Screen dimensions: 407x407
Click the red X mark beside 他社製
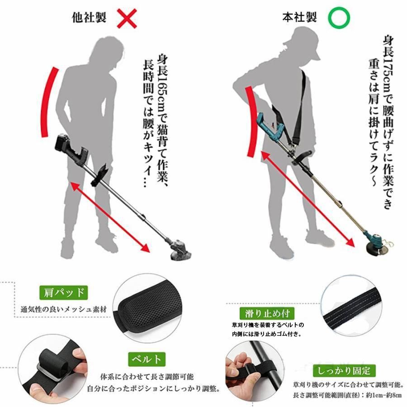[127, 18]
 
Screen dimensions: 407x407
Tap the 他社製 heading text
[89, 18]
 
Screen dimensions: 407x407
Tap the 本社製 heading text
[299, 17]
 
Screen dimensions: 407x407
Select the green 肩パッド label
[64, 293]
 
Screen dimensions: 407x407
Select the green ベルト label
[147, 359]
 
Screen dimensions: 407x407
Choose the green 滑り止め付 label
[267, 313]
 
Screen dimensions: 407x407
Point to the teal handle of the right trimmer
[270, 125]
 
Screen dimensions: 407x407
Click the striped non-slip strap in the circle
[352, 307]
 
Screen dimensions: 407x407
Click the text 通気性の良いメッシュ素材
[64, 309]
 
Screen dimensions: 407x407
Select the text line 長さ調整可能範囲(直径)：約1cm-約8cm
[348, 396]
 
